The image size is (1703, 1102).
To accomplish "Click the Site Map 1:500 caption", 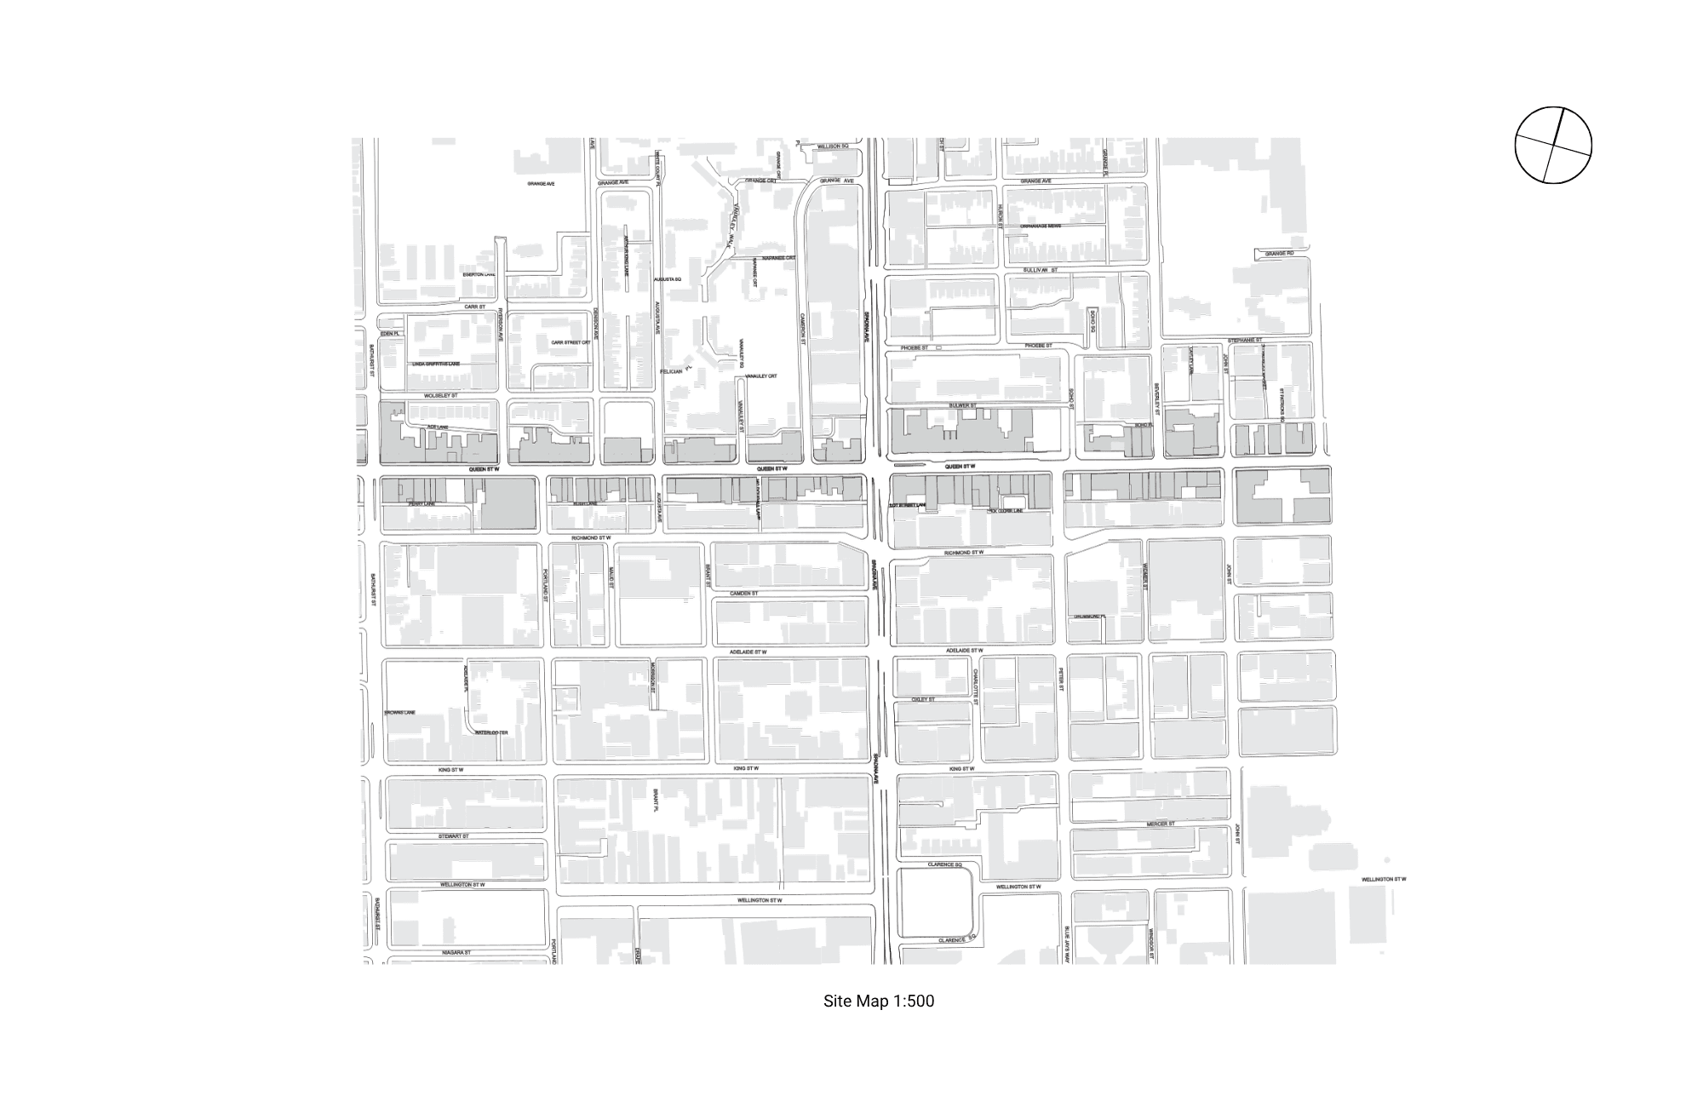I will point(878,1002).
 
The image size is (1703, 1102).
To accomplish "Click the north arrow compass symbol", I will point(1553,145).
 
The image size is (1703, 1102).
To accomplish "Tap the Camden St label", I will point(743,594).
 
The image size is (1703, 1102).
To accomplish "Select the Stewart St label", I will point(454,837).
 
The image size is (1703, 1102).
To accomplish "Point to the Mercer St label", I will point(1160,824).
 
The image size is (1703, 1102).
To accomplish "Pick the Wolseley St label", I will point(441,396).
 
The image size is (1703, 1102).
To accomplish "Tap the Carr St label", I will point(474,307).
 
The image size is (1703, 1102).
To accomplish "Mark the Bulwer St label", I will point(962,405).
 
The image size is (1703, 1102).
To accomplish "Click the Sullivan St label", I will point(1040,270).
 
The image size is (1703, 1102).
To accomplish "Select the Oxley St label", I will point(923,699).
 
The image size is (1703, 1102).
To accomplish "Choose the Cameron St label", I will point(802,327).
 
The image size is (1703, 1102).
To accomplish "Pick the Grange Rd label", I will point(1279,253).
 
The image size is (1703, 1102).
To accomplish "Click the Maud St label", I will point(611,577).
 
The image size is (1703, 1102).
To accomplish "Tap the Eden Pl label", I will point(390,334).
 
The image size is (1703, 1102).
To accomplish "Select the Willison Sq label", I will point(833,146).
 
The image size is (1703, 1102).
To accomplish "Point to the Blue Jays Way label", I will point(1065,944).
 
